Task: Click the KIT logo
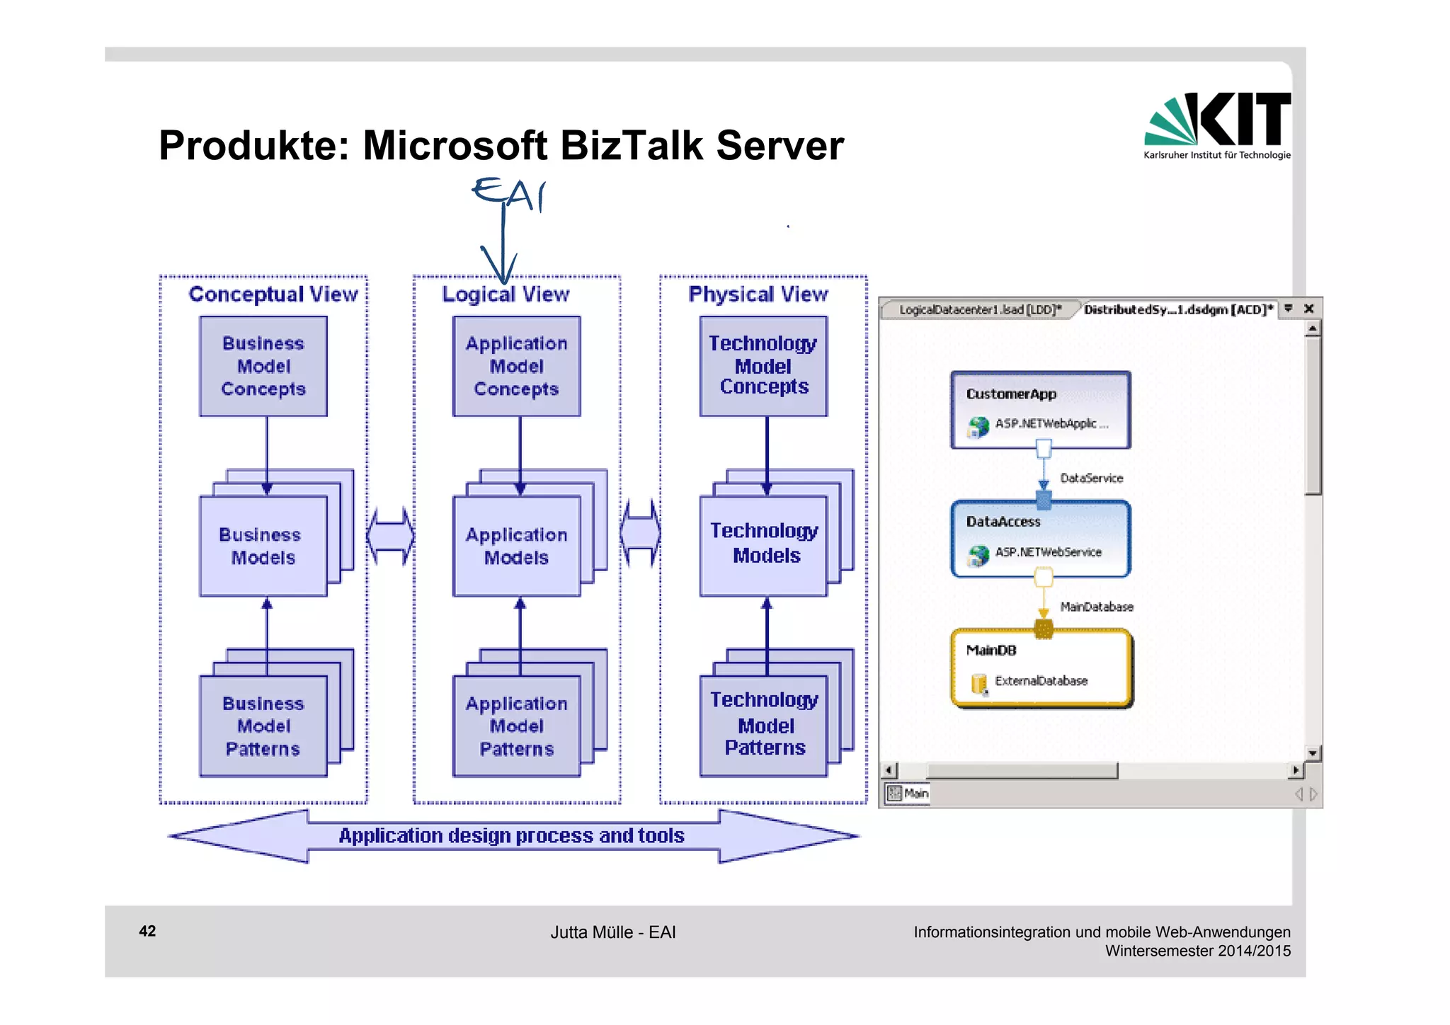(x=1217, y=125)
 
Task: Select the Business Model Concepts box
(x=263, y=366)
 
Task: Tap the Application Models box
(x=516, y=546)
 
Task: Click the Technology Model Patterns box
(x=764, y=725)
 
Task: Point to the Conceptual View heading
(x=273, y=294)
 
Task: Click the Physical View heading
(x=758, y=294)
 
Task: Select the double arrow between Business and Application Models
(x=390, y=536)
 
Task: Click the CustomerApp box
(x=1040, y=409)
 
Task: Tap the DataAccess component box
(x=1040, y=538)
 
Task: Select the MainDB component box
(x=1040, y=667)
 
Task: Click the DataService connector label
(x=1091, y=479)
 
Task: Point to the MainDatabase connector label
(x=1096, y=607)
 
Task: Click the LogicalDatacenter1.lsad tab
(x=980, y=309)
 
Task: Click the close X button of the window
(x=1308, y=309)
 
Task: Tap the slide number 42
(x=147, y=931)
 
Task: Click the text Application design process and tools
(x=511, y=836)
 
